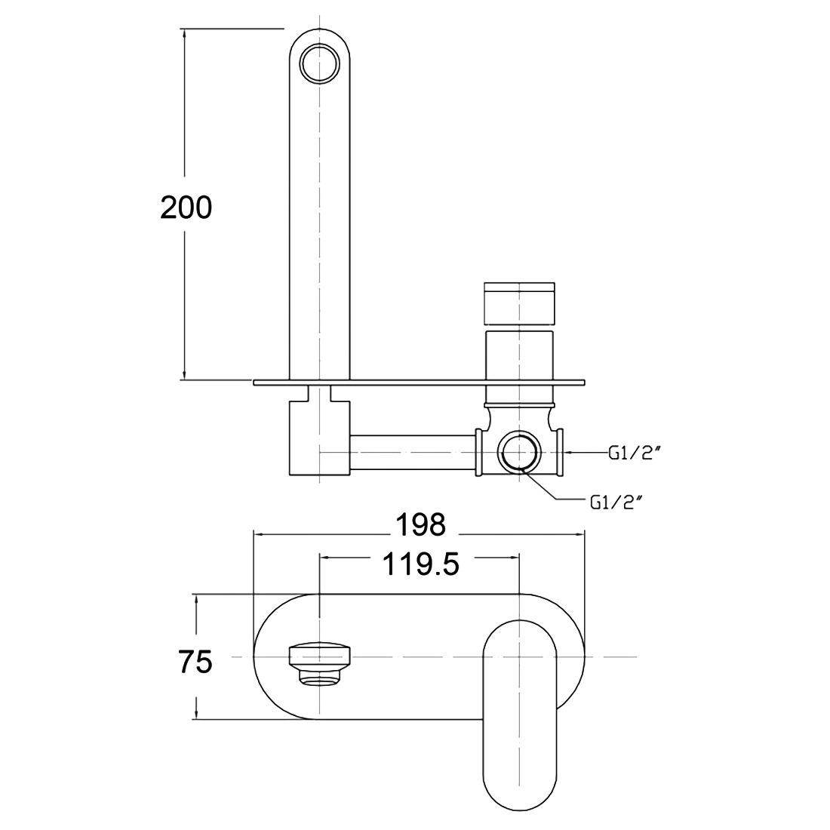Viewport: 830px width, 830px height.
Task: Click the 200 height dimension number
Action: (x=186, y=207)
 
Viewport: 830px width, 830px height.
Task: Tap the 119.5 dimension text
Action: (x=421, y=563)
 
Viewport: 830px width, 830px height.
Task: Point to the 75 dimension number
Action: (x=195, y=662)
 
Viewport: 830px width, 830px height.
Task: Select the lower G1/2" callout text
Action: (x=617, y=501)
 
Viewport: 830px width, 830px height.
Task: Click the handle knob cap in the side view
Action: (x=521, y=302)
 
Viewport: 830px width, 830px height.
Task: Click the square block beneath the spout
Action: (x=320, y=438)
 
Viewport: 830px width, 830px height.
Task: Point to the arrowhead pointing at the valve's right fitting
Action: (x=567, y=452)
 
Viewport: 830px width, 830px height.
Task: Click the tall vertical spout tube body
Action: (x=320, y=226)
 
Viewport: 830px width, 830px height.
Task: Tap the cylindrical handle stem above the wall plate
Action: (x=521, y=355)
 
